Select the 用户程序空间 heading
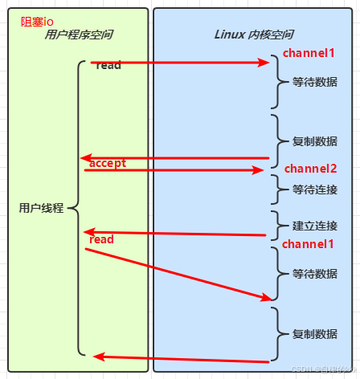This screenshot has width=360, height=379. coord(78,35)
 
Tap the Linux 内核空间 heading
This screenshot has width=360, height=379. coord(253,35)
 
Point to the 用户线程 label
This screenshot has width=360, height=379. coord(41,208)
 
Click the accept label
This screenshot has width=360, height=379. coord(108,163)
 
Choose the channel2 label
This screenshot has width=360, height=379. coord(310,169)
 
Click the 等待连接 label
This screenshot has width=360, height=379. coord(315,189)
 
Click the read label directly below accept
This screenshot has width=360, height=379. coord(101,239)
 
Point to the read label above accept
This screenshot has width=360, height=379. coord(108,65)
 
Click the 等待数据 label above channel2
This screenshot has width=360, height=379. coord(315,82)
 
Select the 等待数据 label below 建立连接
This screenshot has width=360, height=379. coord(315,274)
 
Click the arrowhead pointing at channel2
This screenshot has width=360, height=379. coord(259,170)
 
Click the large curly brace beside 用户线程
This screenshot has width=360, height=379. coord(74,208)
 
